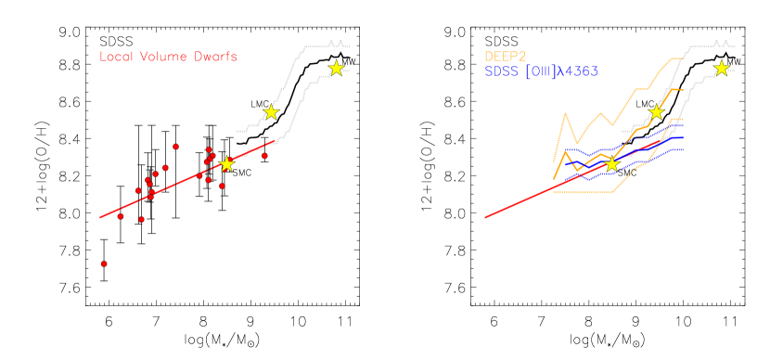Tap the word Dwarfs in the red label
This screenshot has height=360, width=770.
[x=215, y=57]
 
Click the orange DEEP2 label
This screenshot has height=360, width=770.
[x=505, y=57]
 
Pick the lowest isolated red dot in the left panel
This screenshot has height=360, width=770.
[x=104, y=264]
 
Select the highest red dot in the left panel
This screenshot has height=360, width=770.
[x=175, y=147]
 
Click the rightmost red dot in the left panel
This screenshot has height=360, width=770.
[x=264, y=156]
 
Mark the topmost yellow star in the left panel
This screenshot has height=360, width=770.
[x=336, y=68]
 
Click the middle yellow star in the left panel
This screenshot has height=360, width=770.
[x=271, y=112]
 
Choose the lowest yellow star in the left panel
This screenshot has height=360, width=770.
[x=226, y=164]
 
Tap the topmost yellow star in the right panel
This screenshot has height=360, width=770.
[x=721, y=68]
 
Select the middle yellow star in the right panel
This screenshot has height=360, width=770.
[x=656, y=112]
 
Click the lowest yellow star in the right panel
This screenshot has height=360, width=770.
[x=611, y=164]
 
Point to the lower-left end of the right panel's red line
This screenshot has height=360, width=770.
[x=485, y=218]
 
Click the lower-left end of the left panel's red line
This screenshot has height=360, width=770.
[x=100, y=218]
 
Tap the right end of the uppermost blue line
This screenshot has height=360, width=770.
[x=683, y=125]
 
